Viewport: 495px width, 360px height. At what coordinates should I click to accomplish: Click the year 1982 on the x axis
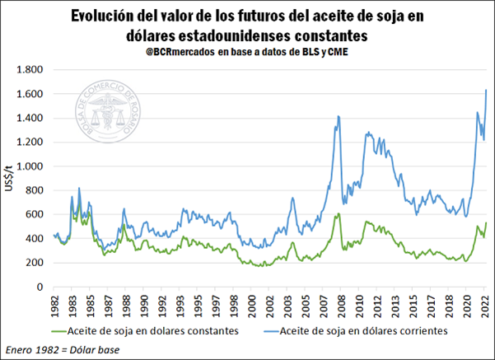(54, 304)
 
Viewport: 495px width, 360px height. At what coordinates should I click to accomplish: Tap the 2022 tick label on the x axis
(486, 304)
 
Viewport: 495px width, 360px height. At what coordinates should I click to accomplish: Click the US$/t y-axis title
(11, 178)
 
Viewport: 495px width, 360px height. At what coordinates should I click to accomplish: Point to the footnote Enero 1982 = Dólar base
(62, 349)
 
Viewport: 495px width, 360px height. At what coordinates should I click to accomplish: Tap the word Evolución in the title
(105, 16)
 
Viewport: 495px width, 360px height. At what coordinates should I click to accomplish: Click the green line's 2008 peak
(338, 214)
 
